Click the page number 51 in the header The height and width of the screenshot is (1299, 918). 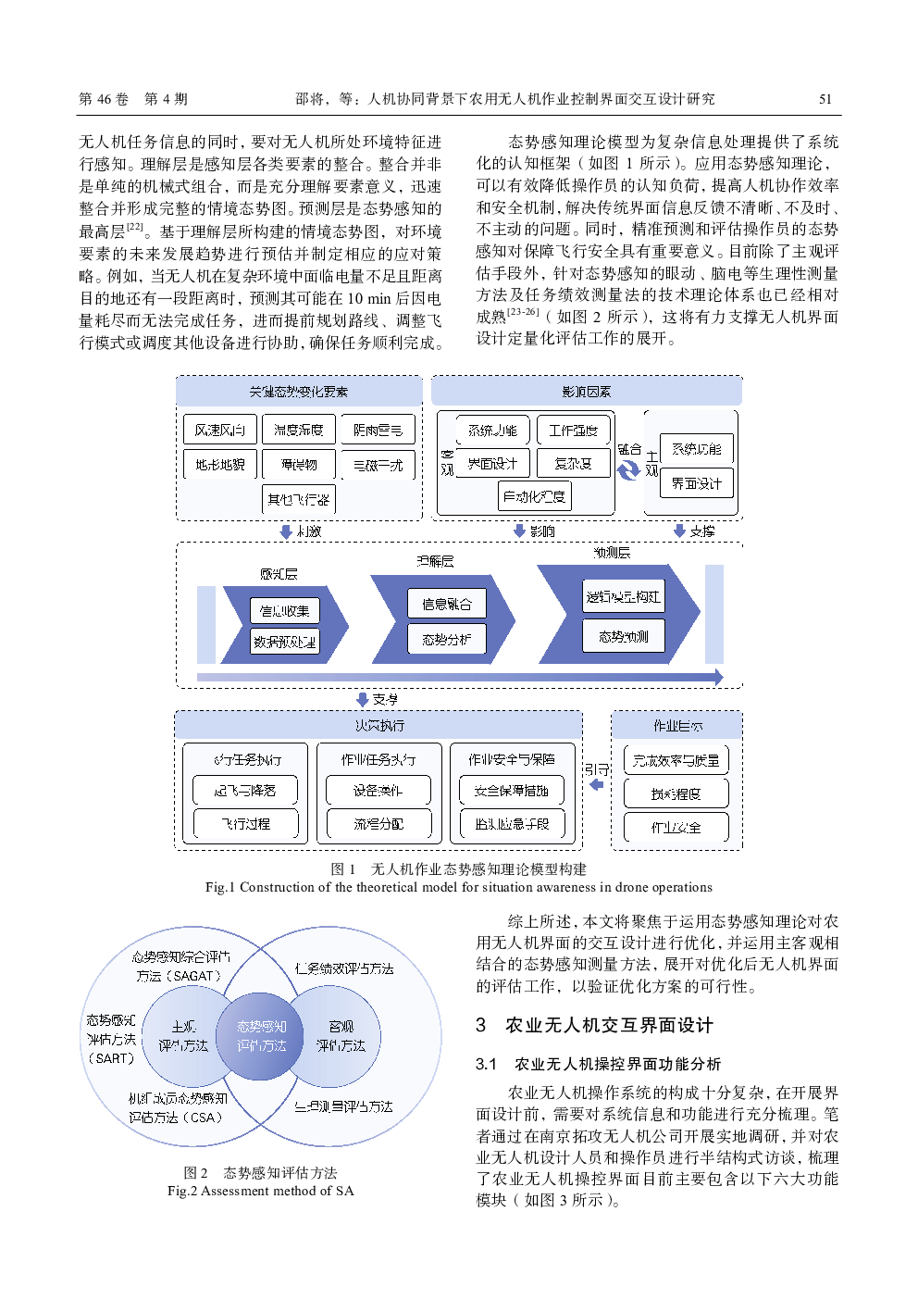tap(825, 99)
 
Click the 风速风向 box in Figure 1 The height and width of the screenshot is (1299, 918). tap(220, 430)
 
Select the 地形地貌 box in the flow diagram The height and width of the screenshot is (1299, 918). tap(220, 464)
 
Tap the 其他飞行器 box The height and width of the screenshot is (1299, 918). tap(298, 499)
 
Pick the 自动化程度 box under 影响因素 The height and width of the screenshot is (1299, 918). tap(534, 496)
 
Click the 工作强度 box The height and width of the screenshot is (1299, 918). tap(573, 430)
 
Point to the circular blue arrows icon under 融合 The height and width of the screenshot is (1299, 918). tap(628, 469)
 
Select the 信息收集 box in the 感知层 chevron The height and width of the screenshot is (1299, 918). tap(284, 610)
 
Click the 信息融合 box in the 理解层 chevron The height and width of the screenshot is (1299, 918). tap(447, 604)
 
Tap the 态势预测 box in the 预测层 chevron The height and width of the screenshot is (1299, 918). tap(623, 636)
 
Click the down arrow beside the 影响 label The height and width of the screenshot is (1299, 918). tap(519, 531)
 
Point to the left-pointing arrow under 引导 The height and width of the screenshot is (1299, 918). tap(596, 785)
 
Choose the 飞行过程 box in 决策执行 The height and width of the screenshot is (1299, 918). tap(245, 823)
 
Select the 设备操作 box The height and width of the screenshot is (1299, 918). tap(378, 791)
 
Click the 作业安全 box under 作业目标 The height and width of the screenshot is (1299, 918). tap(676, 827)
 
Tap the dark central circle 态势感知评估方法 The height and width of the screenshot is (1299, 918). tap(261, 1036)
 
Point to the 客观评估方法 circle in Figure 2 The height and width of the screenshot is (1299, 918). tap(341, 1036)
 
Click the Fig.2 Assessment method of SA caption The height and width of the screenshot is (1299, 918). tap(260, 1191)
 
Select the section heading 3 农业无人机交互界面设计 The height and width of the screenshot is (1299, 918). tap(594, 1025)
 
